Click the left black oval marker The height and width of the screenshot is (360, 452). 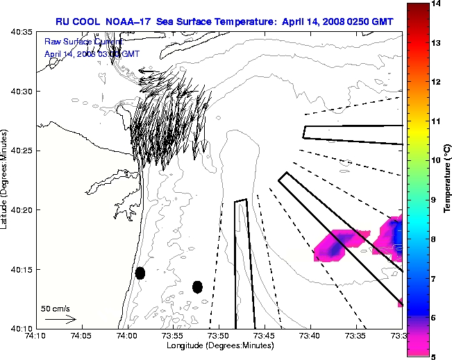click(140, 273)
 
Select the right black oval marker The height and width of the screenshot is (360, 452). click(197, 286)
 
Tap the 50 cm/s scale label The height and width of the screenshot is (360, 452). click(56, 308)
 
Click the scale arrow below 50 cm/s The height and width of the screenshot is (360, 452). click(60, 319)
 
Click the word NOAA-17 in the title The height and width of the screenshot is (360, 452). click(130, 22)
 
